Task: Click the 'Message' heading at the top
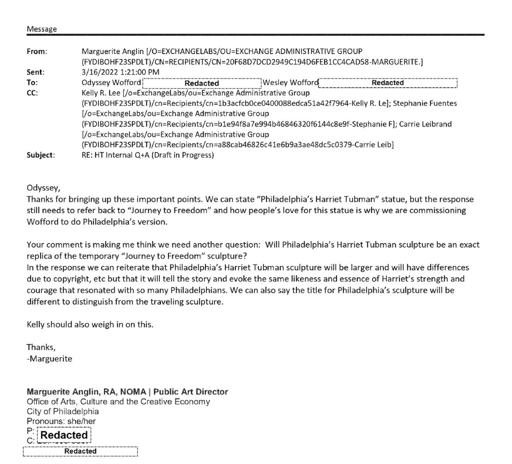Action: [x=41, y=30]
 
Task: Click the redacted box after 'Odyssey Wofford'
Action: [x=202, y=83]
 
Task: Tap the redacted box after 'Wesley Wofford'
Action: [x=388, y=83]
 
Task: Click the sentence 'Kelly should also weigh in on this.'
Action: [x=89, y=324]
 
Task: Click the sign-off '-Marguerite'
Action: [x=49, y=358]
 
